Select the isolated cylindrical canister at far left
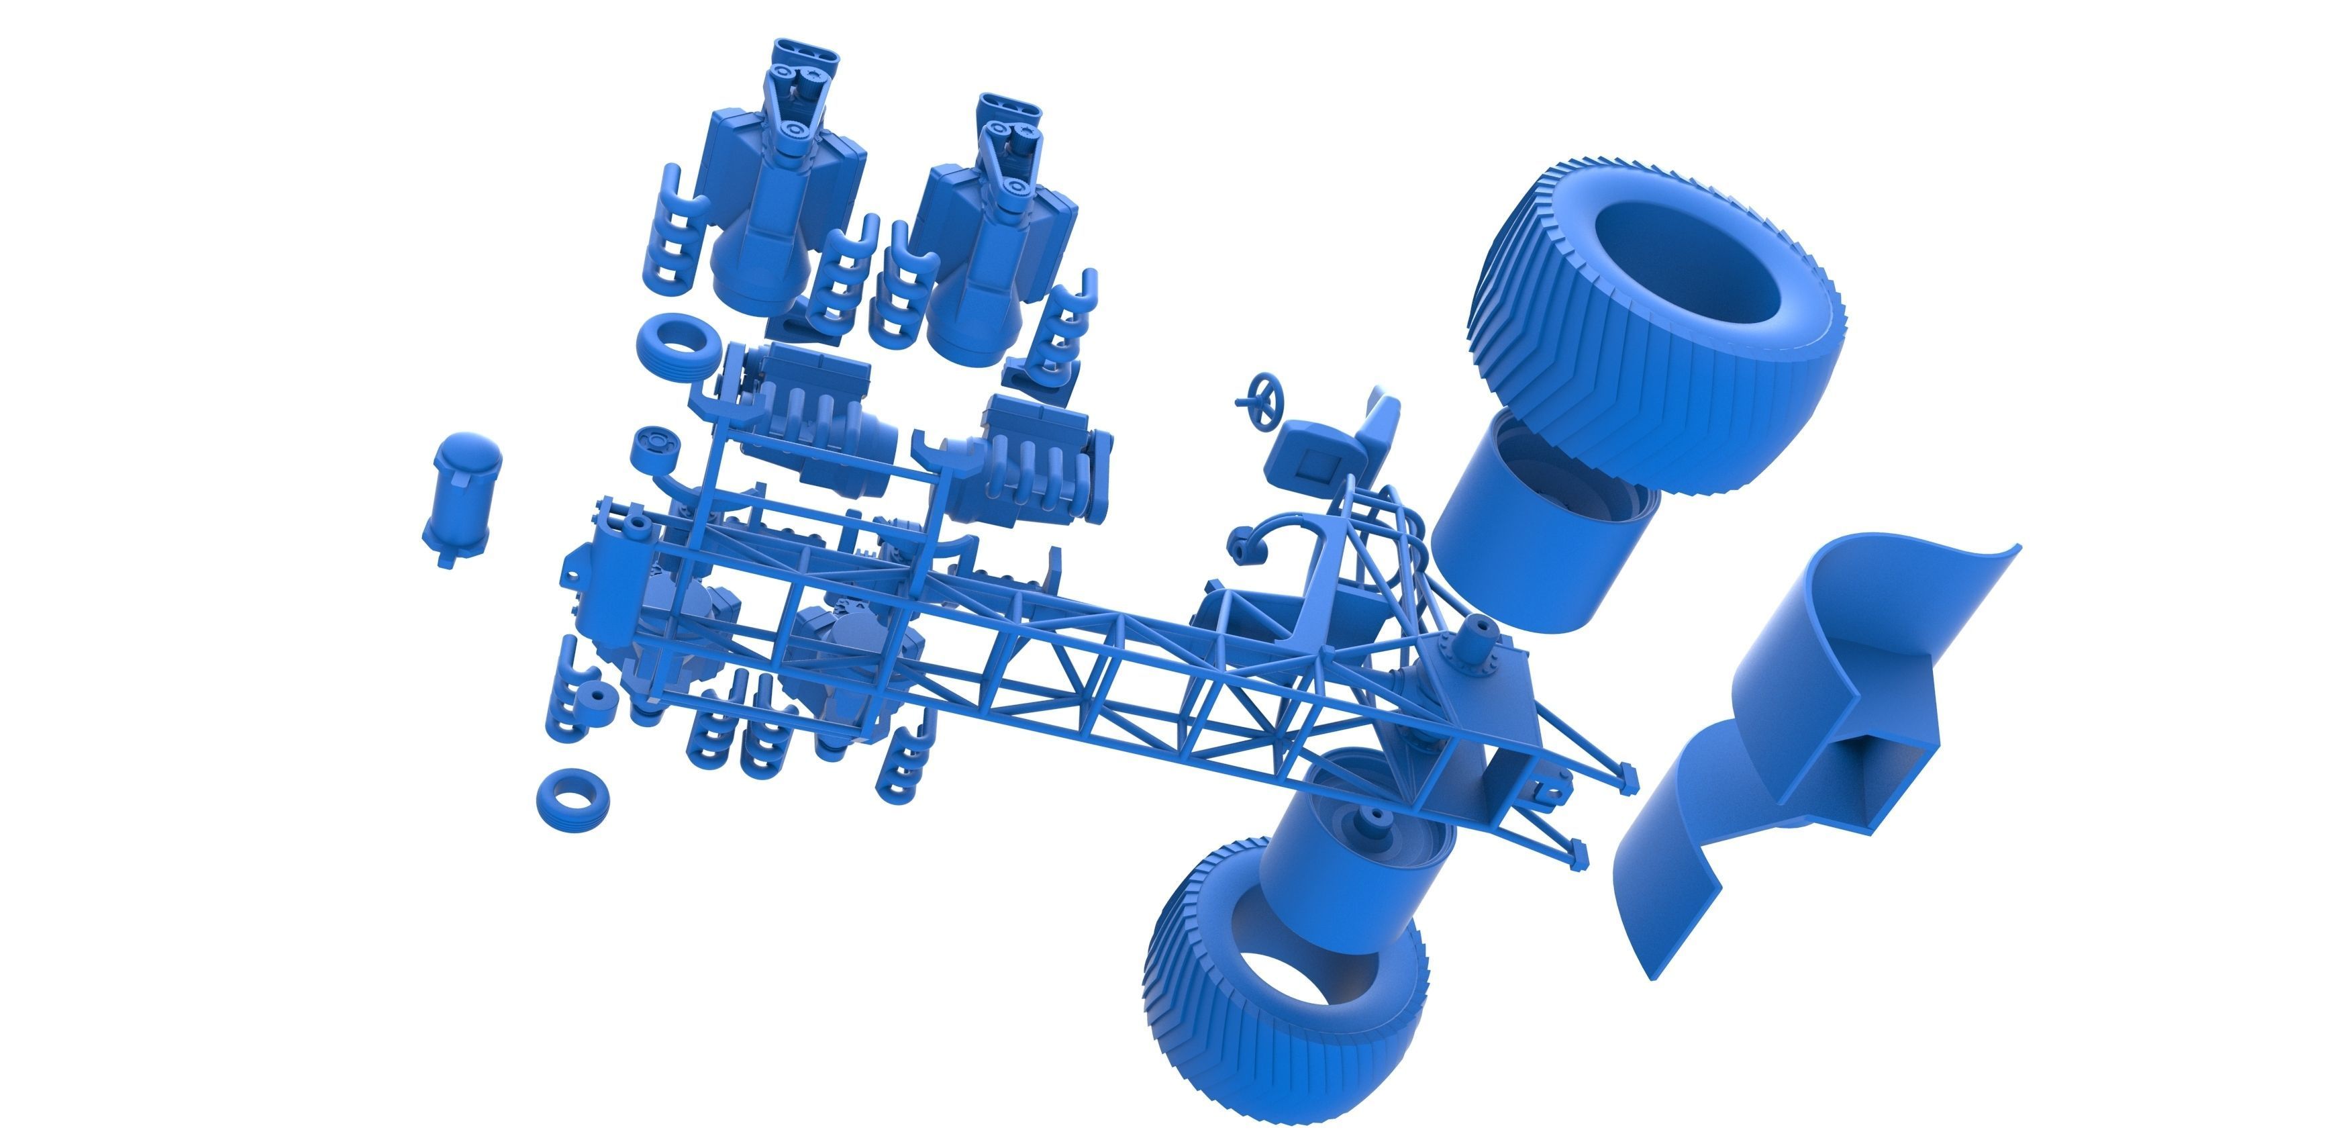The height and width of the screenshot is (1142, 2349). [462, 497]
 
